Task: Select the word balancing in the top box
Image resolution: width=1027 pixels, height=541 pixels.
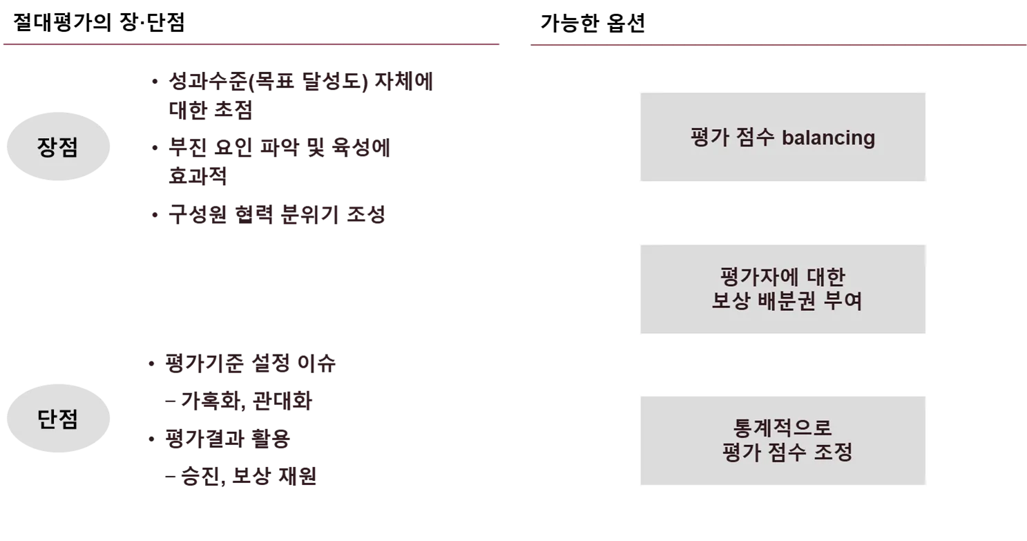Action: pyautogui.click(x=828, y=137)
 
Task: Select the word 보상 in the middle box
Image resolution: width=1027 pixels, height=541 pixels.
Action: pyautogui.click(x=731, y=302)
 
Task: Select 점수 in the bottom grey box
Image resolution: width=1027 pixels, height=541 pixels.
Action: pyautogui.click(x=787, y=453)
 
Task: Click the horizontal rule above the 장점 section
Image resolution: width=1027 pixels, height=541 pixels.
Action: pyautogui.click(x=251, y=45)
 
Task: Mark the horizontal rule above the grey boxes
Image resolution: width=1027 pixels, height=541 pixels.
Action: pyautogui.click(x=778, y=45)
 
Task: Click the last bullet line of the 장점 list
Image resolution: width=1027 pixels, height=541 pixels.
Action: pyautogui.click(x=276, y=216)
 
